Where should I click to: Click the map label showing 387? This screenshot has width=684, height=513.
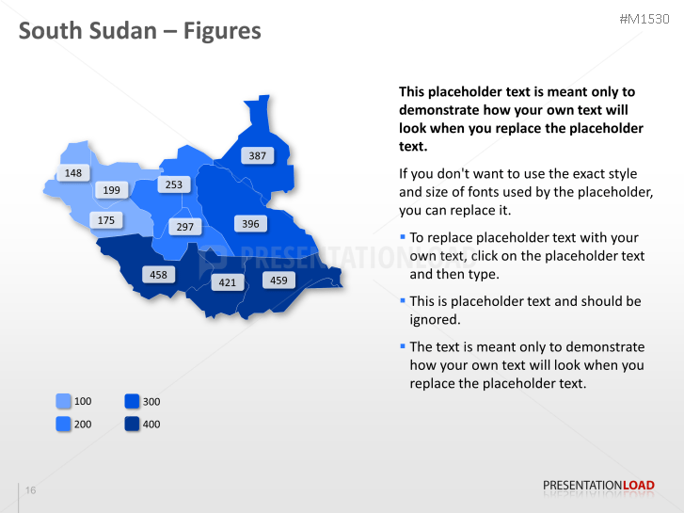click(x=257, y=155)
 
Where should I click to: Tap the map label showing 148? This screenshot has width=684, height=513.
click(x=73, y=173)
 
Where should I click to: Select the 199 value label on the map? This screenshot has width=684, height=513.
click(x=111, y=190)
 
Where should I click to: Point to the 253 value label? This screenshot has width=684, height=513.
click(x=173, y=184)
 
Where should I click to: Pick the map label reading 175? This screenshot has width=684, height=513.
click(x=105, y=220)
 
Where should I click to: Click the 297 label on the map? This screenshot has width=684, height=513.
click(x=184, y=227)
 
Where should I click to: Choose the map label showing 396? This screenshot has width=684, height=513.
click(x=249, y=224)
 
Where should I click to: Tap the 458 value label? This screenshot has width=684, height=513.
click(x=158, y=274)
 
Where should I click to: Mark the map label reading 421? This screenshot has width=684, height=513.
click(x=227, y=281)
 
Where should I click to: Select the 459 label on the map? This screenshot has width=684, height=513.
click(x=278, y=280)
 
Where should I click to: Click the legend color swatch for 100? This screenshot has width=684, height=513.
click(x=64, y=402)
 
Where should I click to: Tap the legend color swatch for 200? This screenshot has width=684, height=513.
click(x=64, y=425)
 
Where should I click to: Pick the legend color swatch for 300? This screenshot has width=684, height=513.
click(x=132, y=402)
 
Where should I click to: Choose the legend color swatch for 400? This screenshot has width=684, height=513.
click(x=132, y=425)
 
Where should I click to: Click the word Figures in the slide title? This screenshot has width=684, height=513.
click(x=222, y=31)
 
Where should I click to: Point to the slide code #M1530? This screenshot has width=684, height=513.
click(x=644, y=20)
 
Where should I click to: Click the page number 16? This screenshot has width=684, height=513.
click(x=31, y=490)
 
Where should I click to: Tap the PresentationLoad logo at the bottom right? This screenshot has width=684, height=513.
click(x=598, y=486)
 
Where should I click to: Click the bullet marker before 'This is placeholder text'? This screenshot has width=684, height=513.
click(x=403, y=300)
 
